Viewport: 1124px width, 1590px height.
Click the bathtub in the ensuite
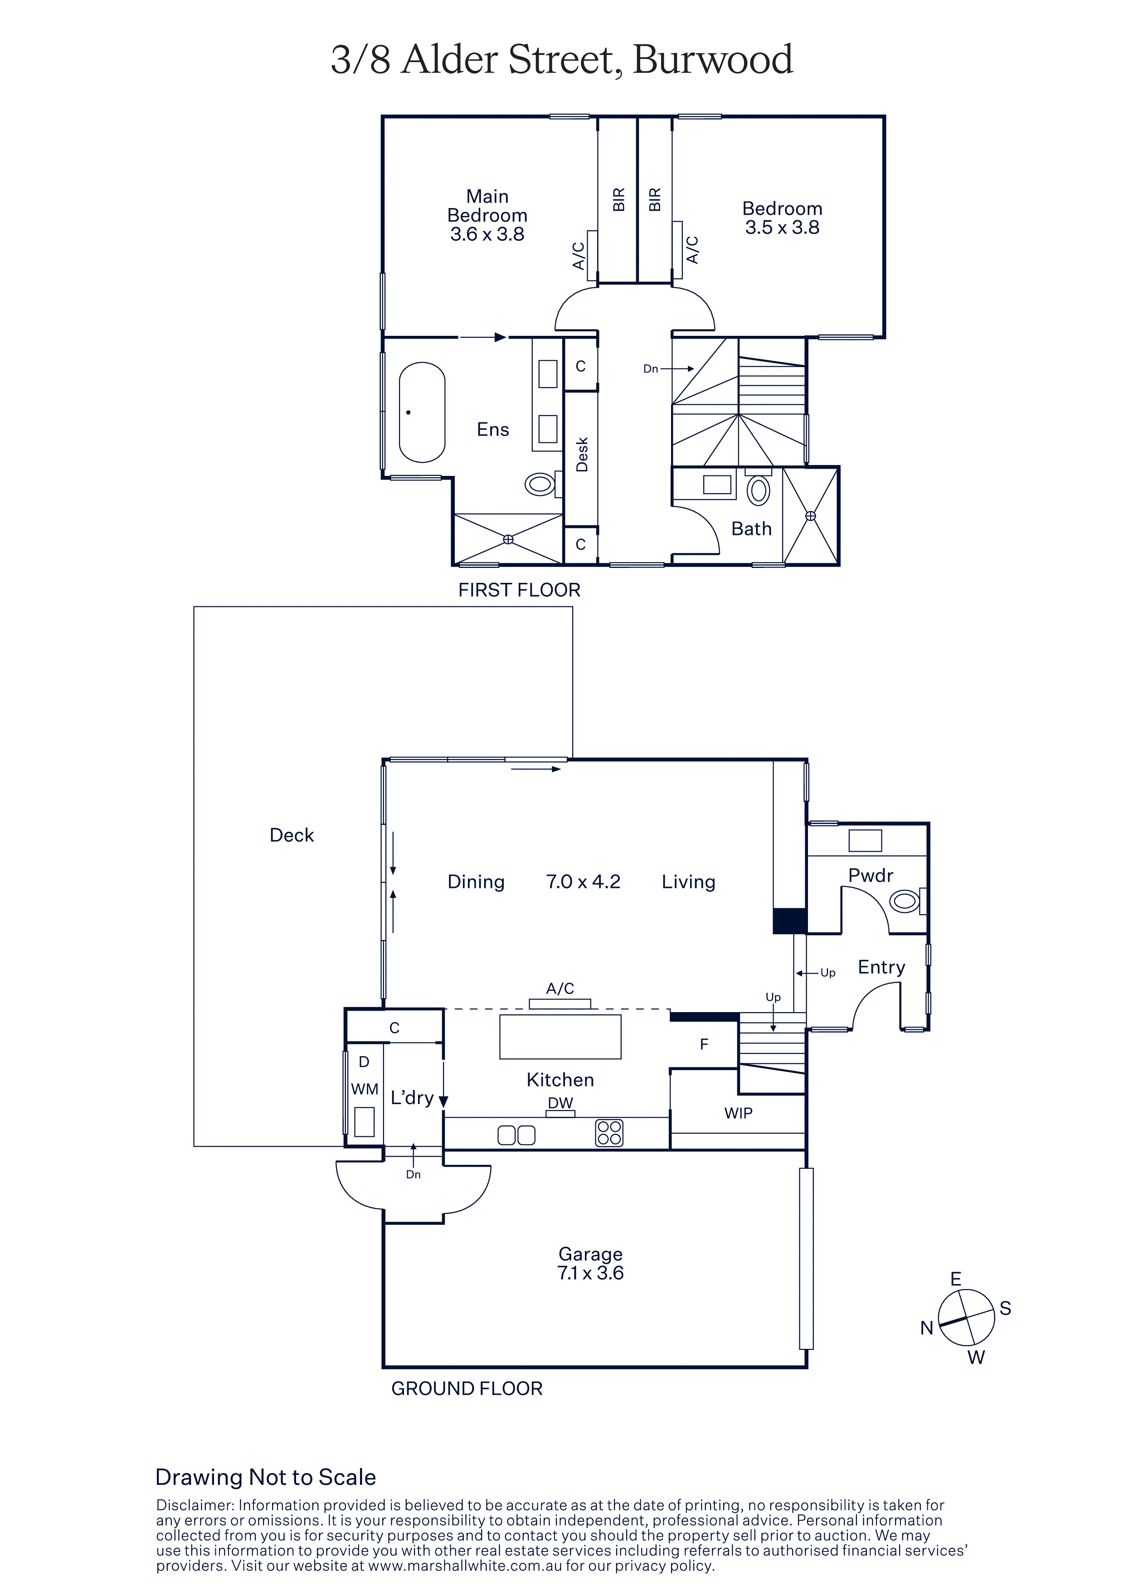coord(423,412)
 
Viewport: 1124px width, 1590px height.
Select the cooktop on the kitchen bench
coord(609,1133)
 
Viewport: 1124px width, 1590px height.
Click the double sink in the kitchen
coord(516,1135)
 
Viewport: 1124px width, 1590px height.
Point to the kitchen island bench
coord(560,1037)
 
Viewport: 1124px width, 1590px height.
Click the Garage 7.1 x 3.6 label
coord(591,1263)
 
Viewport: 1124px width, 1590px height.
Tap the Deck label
coord(292,835)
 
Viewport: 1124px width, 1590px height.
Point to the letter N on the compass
coord(927,1328)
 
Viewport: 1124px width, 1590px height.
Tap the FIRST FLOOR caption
coord(520,590)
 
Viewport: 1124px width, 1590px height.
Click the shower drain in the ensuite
coord(508,539)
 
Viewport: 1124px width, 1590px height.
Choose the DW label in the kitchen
coord(560,1103)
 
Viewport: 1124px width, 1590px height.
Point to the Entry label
coord(881,967)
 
